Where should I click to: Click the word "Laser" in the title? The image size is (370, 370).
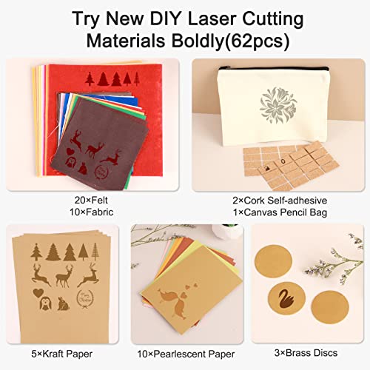(x=225, y=16)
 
